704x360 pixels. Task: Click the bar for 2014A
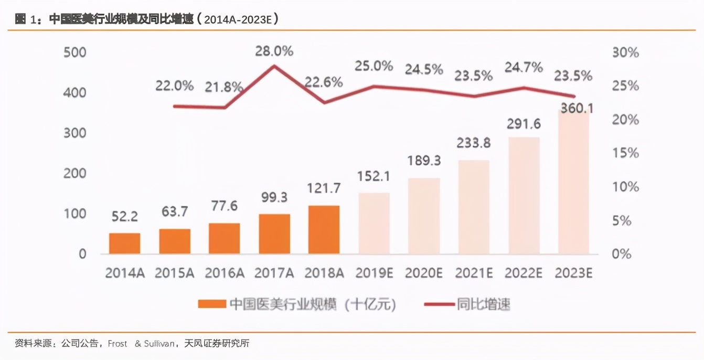coord(124,243)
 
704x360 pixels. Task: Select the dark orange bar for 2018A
coord(324,230)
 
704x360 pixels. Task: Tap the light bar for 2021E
coord(474,207)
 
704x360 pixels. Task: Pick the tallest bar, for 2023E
coord(573,184)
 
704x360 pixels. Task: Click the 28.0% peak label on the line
coord(274,51)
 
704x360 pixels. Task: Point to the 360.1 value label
coord(575,109)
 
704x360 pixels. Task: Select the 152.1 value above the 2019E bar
coord(374,176)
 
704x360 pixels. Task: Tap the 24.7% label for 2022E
coord(523,67)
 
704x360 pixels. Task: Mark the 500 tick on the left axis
coord(74,52)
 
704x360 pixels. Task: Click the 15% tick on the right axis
coord(625,153)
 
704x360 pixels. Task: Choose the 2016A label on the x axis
coord(225,273)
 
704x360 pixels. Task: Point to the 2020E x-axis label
coord(424,273)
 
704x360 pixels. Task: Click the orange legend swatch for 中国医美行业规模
coord(211,304)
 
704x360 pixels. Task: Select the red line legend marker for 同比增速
coord(438,304)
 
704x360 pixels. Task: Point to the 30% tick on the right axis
coord(625,52)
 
